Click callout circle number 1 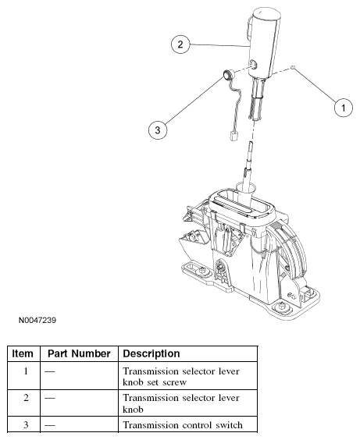pos(343,108)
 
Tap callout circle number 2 pos(180,44)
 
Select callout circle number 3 pos(158,130)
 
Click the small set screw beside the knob pos(293,67)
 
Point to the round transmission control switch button pos(227,76)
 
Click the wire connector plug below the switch pos(233,137)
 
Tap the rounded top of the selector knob pos(266,13)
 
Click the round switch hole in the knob pos(253,65)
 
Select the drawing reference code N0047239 pos(37,320)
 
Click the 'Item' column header pos(23,353)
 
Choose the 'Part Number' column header pos(79,353)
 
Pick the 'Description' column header pos(151,353)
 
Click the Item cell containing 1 pos(26,371)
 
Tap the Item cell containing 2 pos(26,398)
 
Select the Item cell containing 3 pos(26,424)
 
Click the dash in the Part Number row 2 pos(50,398)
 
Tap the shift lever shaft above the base pos(248,165)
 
